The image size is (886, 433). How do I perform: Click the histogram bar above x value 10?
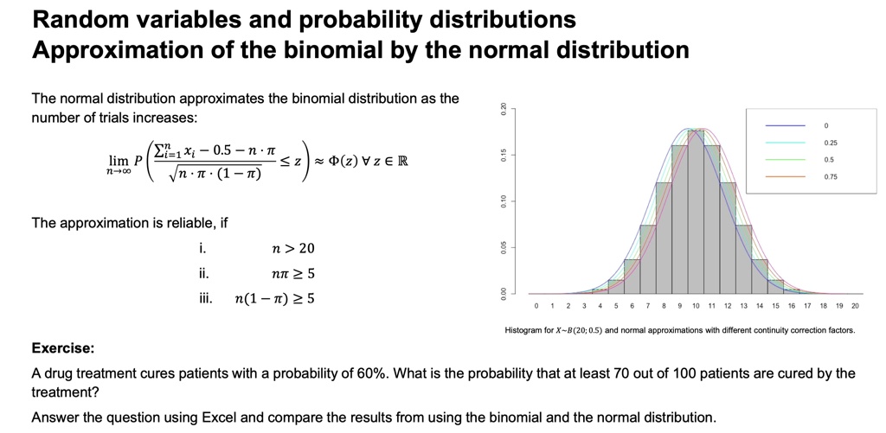pos(696,216)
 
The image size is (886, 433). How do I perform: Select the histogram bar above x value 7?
pos(648,259)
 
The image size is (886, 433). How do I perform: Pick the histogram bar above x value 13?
pos(744,259)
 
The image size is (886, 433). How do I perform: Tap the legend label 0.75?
pos(831,176)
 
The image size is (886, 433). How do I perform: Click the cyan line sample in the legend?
pos(788,143)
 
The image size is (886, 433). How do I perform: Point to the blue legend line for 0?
pos(788,125)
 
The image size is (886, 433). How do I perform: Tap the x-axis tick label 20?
pos(856,307)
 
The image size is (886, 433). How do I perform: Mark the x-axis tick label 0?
pos(536,307)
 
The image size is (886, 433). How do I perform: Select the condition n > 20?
pos(293,248)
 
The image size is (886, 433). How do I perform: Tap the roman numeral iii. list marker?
pos(204,299)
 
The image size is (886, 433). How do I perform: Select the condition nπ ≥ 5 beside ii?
pos(293,274)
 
